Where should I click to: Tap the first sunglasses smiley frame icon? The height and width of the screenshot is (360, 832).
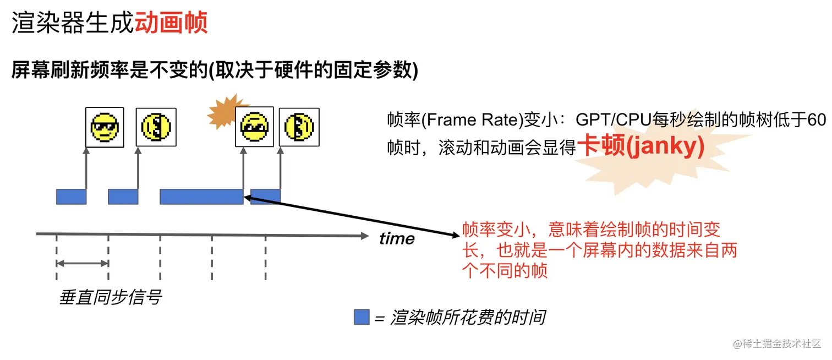tap(105, 127)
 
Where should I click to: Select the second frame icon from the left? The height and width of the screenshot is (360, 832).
tap(156, 127)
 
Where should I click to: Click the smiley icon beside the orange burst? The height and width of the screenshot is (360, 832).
tap(254, 127)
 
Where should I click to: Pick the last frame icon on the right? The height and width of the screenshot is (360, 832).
tap(299, 127)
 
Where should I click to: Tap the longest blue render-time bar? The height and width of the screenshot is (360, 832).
tap(201, 197)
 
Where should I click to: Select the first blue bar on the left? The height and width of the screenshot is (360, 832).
tap(71, 197)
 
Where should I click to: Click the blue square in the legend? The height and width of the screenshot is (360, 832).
tap(361, 317)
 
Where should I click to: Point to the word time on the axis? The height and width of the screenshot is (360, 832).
tap(397, 239)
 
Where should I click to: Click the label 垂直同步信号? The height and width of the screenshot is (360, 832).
tap(110, 298)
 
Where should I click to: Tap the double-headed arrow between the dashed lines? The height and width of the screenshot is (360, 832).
tap(83, 264)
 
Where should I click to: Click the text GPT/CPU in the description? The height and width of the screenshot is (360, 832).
tap(613, 119)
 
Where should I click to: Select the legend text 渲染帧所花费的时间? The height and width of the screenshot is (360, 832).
tap(468, 318)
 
